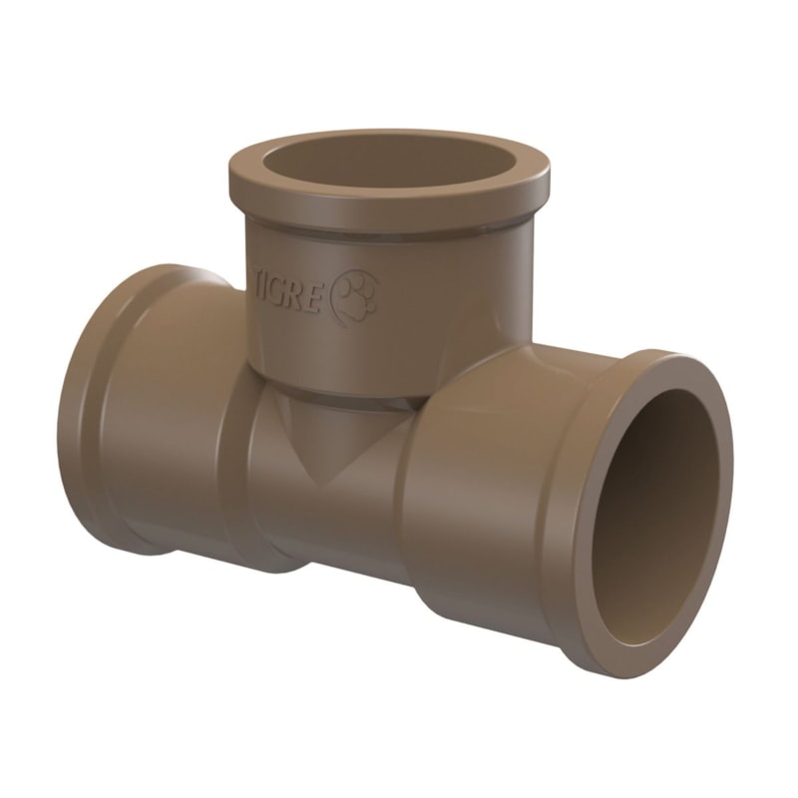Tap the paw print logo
[x=354, y=296]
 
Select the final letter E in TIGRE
[x=316, y=298]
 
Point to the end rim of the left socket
[x=75, y=419]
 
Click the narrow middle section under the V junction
[x=329, y=529]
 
